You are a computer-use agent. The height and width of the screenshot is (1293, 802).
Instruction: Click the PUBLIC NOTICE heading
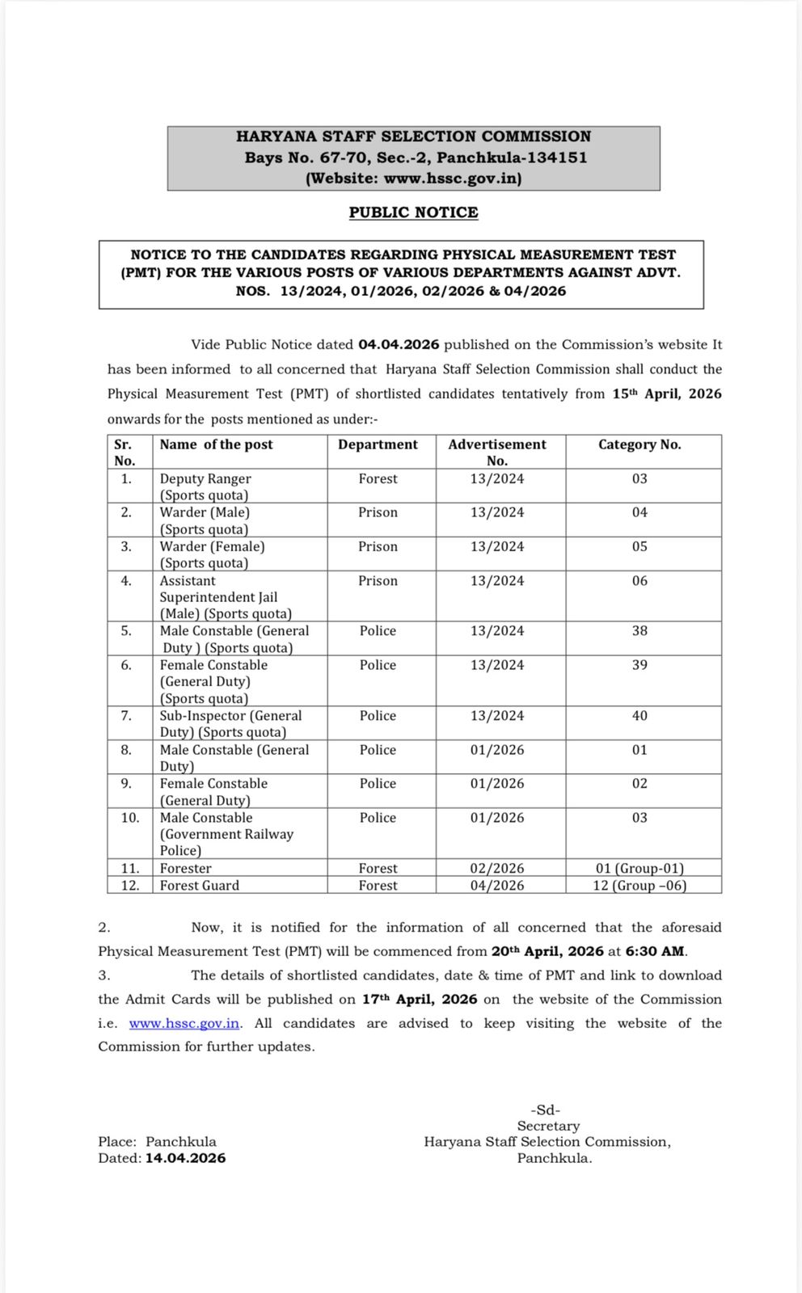(413, 213)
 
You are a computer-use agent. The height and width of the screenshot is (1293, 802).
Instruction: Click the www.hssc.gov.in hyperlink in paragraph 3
(184, 1023)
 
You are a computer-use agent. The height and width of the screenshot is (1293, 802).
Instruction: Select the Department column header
(378, 444)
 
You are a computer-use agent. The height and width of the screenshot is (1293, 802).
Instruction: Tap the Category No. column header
(639, 444)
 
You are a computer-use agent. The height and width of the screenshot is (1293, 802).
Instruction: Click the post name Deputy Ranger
(205, 478)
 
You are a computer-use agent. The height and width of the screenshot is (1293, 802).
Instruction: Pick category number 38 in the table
(639, 630)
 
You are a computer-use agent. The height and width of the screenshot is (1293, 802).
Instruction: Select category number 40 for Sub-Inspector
(639, 715)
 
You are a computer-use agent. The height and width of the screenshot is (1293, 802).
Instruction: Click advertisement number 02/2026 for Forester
(497, 868)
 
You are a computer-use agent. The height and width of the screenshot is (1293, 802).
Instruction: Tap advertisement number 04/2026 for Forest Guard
(497, 885)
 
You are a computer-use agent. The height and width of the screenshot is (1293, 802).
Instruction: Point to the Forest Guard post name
(200, 885)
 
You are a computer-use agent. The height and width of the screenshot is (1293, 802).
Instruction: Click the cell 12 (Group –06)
(639, 885)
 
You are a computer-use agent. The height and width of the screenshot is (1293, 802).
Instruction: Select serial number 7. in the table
(126, 715)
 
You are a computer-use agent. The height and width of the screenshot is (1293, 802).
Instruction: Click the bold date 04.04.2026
(399, 344)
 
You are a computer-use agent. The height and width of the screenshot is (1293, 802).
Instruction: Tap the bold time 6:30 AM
(655, 951)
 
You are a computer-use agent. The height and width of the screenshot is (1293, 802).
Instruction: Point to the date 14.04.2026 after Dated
(186, 1158)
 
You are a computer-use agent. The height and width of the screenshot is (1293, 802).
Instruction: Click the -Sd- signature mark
(545, 1110)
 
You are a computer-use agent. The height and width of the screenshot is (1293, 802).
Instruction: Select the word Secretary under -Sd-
(549, 1126)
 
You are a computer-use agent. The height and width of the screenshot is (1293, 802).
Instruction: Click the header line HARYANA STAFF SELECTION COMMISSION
(413, 137)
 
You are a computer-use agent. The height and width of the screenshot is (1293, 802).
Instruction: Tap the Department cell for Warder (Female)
(378, 546)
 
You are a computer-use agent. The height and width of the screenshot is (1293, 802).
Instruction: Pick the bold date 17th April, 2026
(420, 999)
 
